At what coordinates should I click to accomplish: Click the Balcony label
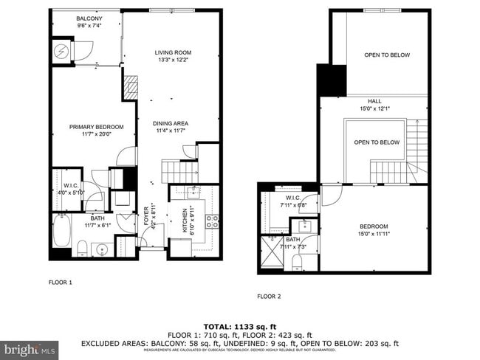tap(89, 21)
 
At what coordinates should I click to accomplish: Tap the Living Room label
tap(174, 56)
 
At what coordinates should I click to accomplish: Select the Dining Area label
tap(171, 127)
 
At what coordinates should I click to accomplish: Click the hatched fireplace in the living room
tap(130, 87)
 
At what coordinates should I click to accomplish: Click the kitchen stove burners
tap(212, 218)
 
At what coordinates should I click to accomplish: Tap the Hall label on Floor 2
tap(374, 104)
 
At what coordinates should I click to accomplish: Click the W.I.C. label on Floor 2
tap(292, 202)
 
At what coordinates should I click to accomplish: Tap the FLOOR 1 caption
tap(61, 282)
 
